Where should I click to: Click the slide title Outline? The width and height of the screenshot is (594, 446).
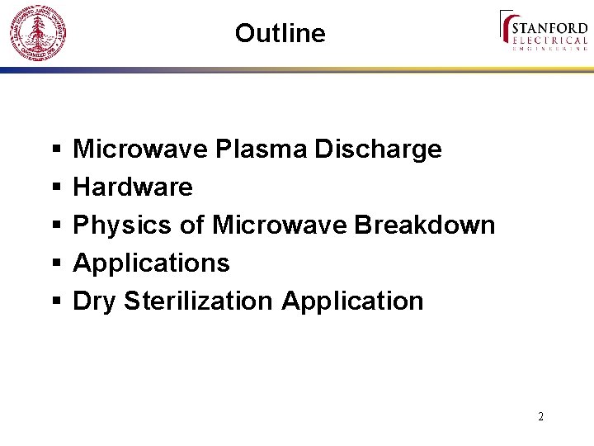click(x=280, y=33)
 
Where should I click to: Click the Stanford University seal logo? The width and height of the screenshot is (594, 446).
click(x=36, y=33)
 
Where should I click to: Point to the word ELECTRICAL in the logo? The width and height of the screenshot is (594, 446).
click(x=550, y=40)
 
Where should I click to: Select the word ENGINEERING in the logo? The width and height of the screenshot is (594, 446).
click(x=550, y=50)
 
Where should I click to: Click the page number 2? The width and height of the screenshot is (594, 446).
click(x=540, y=416)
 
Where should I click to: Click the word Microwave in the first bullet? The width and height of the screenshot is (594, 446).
click(x=140, y=149)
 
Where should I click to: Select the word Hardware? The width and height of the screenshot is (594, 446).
click(x=133, y=187)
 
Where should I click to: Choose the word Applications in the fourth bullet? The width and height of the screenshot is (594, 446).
click(x=152, y=263)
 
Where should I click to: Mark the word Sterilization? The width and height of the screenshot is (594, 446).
click(x=198, y=301)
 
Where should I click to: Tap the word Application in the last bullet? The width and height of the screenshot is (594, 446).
click(x=352, y=301)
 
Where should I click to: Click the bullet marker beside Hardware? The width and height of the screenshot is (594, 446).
click(x=55, y=188)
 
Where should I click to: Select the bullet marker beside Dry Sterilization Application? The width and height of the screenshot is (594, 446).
click(x=55, y=302)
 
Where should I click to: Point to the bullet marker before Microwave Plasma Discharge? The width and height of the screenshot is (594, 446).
click(x=55, y=150)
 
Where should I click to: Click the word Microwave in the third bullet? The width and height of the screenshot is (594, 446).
click(x=279, y=225)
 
